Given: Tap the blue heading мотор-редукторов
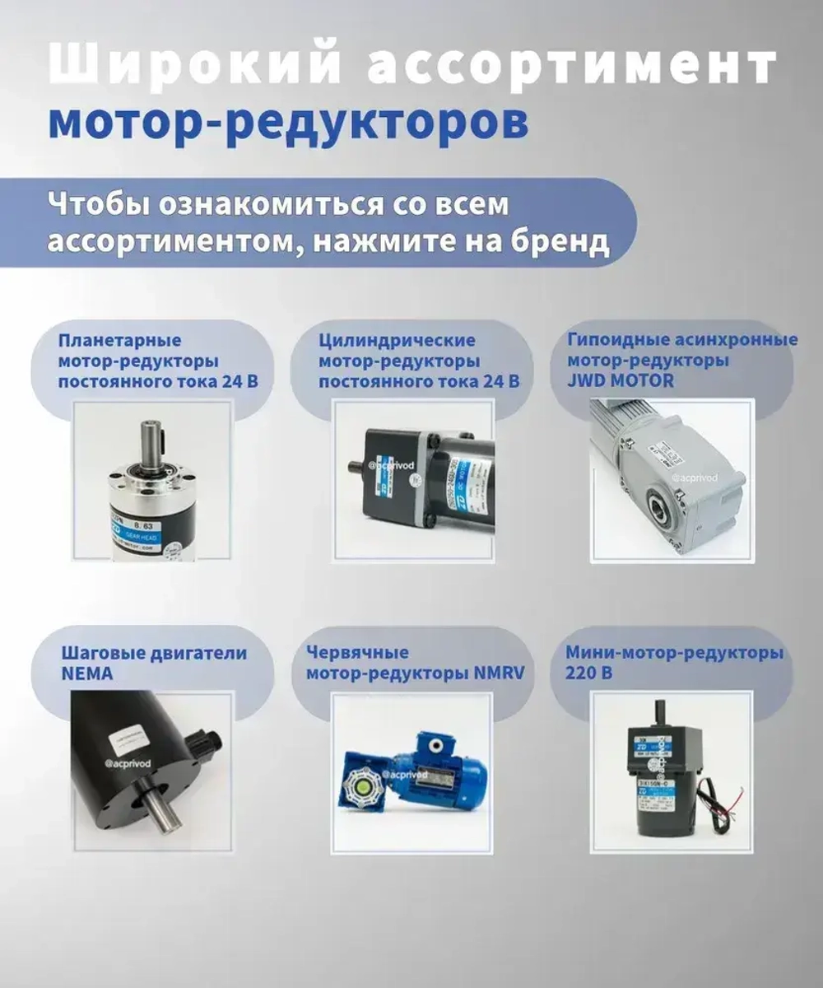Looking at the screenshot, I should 288,121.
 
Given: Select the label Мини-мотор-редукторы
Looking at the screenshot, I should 674,654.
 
